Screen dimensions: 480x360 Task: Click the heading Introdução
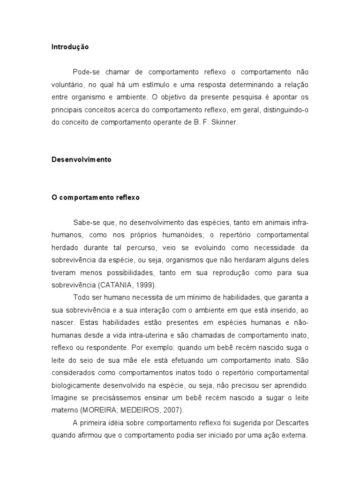point(70,47)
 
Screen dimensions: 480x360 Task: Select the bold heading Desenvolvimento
point(82,159)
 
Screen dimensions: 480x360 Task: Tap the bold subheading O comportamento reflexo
point(96,197)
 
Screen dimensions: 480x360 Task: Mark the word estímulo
point(172,85)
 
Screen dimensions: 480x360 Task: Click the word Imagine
point(65,397)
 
